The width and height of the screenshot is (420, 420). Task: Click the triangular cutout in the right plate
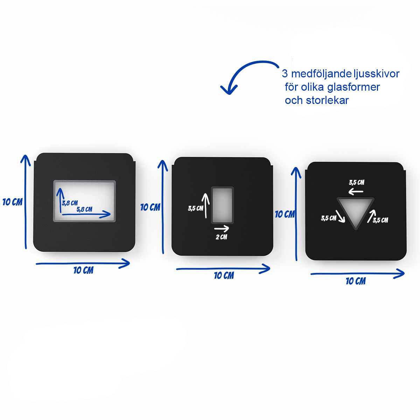pos(356,210)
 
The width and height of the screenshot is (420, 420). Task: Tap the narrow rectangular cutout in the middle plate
pos(222,205)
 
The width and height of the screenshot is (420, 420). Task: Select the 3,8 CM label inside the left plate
pos(70,203)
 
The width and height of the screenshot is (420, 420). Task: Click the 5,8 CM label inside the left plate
pos(84,209)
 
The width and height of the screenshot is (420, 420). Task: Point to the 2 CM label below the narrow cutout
pos(222,237)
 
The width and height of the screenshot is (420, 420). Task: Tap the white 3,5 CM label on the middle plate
pos(196,208)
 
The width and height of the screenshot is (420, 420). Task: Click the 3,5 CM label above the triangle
pos(357,182)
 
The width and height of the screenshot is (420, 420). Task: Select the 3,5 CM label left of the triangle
pos(329,218)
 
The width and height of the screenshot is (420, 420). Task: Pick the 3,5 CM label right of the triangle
pos(380,220)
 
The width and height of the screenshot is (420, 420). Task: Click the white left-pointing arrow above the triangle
pos(356,192)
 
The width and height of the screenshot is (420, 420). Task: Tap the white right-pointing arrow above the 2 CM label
pos(222,229)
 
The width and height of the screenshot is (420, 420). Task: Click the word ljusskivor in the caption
pos(376,74)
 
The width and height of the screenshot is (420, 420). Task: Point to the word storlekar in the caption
pos(327,100)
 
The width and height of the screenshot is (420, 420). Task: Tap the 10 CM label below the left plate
pos(84,271)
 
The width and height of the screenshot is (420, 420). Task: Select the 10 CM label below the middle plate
pos(224,276)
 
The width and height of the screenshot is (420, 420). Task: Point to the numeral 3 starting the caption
pos(285,73)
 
